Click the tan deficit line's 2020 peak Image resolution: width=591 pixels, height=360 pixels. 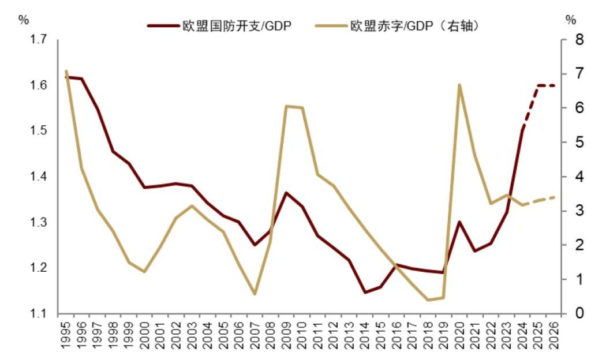459,85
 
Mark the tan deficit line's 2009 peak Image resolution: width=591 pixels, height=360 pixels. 286,106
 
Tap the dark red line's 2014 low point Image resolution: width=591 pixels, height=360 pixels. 365,292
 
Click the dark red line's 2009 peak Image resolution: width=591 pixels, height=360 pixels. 286,193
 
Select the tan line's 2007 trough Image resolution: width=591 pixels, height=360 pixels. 255,294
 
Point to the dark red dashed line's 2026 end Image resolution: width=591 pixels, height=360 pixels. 555,85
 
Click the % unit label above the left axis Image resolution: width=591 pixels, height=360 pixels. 23,20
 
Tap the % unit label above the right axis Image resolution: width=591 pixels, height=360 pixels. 571,20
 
